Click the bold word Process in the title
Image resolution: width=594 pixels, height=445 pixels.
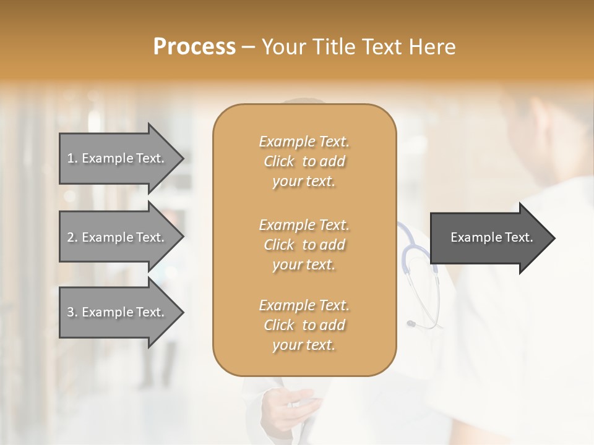(194, 47)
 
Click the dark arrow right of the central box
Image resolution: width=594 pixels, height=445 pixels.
(489, 237)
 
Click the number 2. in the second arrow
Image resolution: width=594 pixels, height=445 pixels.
(72, 237)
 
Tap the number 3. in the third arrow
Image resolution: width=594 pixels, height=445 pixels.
(72, 312)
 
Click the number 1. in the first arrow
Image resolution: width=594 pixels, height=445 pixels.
(72, 158)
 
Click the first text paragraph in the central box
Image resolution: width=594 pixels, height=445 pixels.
(304, 161)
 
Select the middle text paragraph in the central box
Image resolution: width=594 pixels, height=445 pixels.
(304, 245)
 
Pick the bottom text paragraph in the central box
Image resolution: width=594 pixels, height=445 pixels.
(304, 325)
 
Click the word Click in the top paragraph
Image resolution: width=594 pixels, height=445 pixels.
(279, 162)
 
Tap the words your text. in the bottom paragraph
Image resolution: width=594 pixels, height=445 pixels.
(304, 345)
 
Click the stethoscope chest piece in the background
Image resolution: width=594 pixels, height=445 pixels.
(411, 323)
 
